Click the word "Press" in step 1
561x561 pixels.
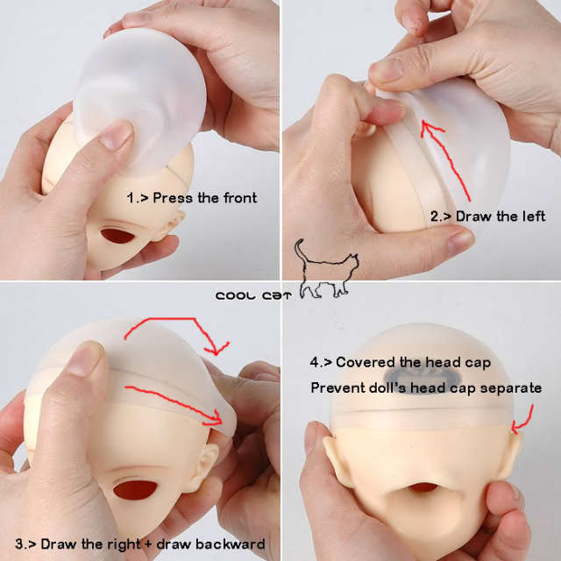(x=173, y=198)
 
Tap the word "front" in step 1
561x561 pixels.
(x=240, y=198)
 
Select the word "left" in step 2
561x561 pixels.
(x=534, y=217)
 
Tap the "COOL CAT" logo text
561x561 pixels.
(x=253, y=296)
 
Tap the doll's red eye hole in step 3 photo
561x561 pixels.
(x=135, y=490)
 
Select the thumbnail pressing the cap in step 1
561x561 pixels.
(x=115, y=135)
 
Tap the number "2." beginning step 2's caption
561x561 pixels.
(x=436, y=217)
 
